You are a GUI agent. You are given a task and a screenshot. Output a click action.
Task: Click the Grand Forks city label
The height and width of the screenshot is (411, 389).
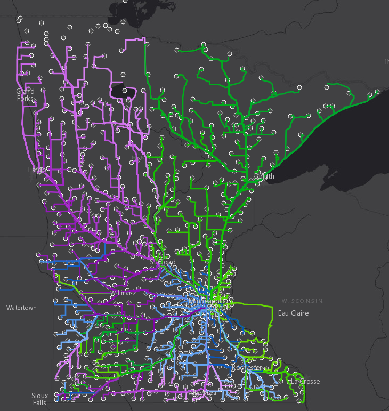click(25, 95)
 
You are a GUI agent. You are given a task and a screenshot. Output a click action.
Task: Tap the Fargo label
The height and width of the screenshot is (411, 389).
click(37, 170)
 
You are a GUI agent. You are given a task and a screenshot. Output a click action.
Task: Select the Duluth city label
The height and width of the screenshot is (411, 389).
click(264, 176)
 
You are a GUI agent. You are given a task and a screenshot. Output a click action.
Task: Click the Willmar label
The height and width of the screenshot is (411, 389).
click(120, 293)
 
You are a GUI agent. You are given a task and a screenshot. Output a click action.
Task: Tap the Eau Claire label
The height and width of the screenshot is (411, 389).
click(293, 313)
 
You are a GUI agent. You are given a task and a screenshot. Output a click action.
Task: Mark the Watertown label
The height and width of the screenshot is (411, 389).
click(21, 308)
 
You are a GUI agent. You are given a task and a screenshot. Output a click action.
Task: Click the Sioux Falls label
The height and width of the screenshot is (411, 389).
click(39, 399)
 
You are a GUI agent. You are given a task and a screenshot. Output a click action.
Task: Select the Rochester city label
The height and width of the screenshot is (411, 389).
click(247, 368)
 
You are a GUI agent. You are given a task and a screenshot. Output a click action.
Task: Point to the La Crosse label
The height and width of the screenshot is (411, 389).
click(305, 381)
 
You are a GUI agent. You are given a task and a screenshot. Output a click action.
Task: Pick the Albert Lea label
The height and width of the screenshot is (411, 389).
click(202, 393)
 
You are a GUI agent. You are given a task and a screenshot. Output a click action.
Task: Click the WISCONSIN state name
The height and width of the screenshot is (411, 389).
click(302, 301)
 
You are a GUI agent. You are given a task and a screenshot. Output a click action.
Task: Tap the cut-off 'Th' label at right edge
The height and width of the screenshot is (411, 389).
click(386, 62)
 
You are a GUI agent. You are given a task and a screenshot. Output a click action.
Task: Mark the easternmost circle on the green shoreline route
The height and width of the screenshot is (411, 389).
click(377, 92)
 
